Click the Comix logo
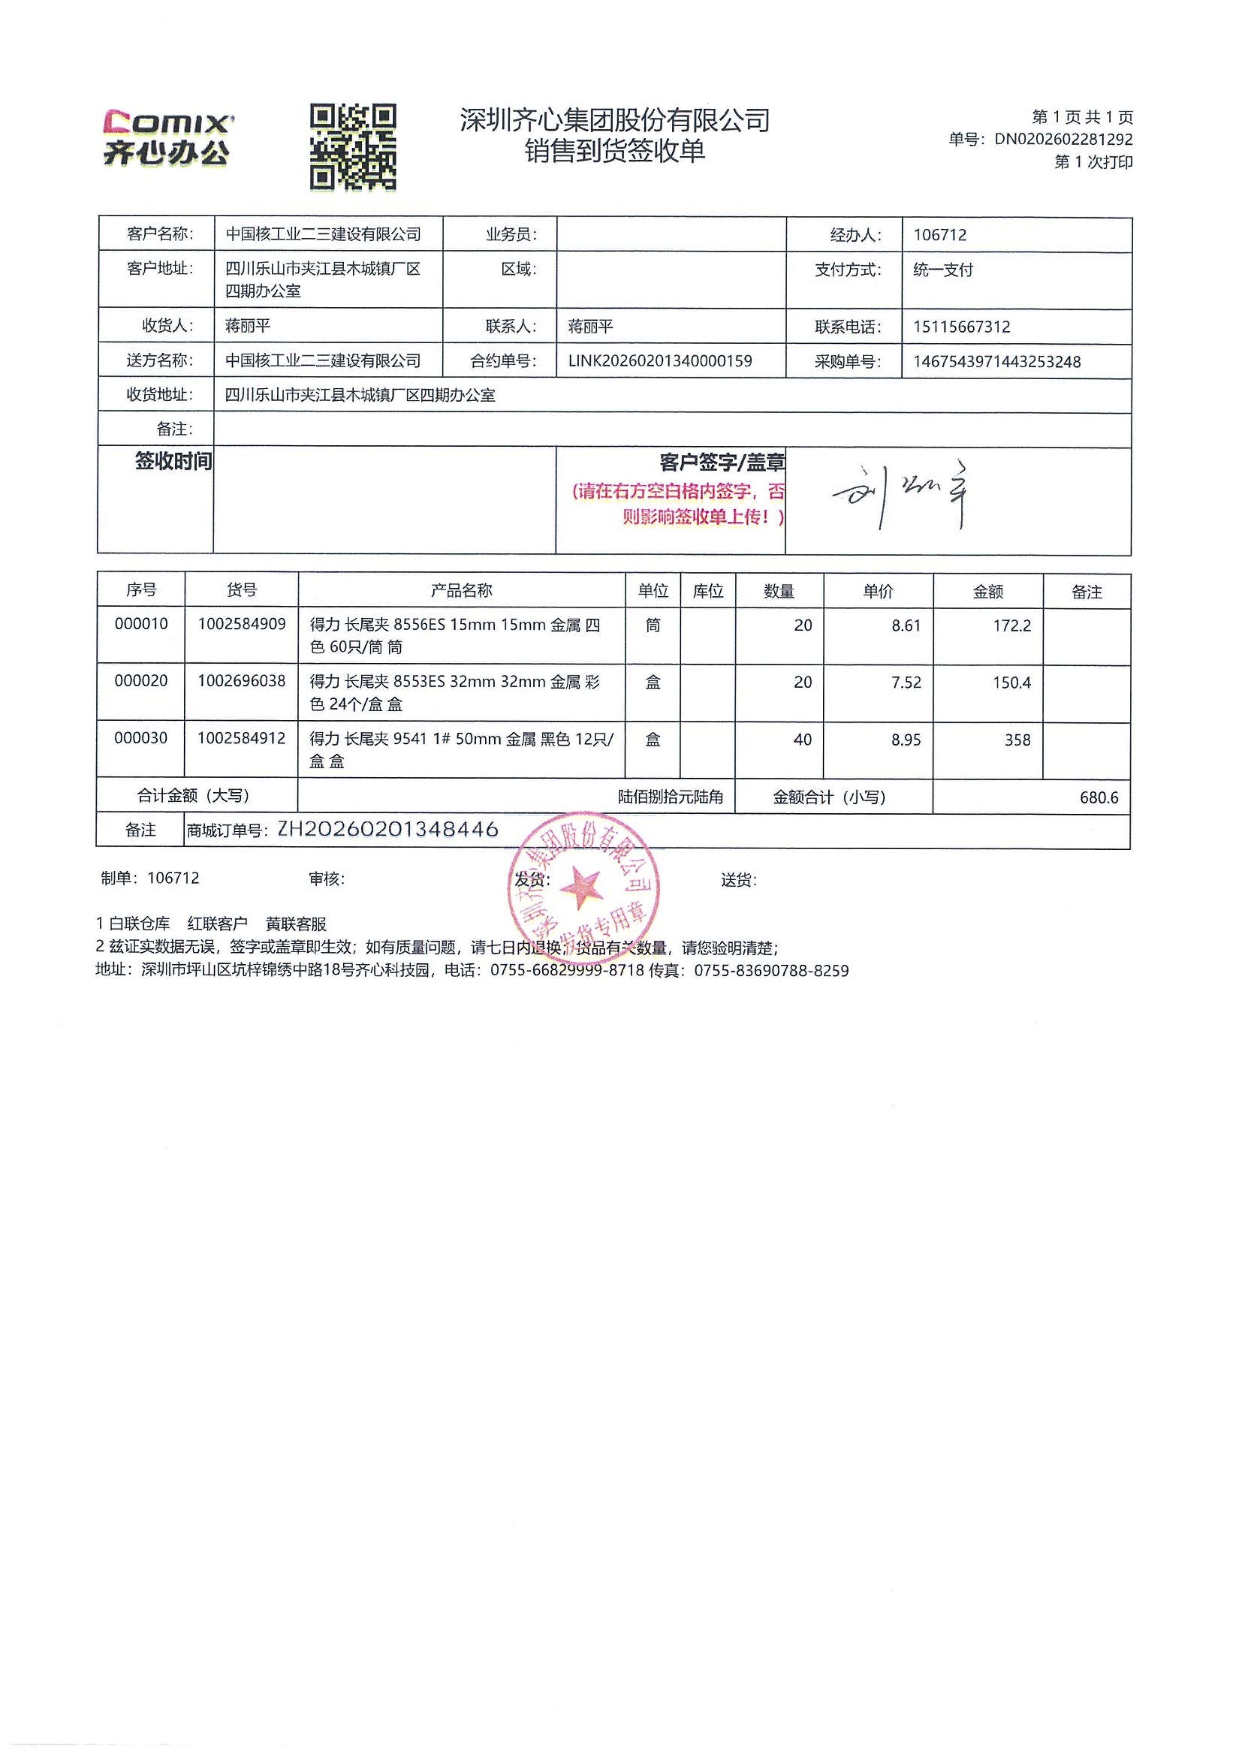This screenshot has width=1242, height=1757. pyautogui.click(x=167, y=138)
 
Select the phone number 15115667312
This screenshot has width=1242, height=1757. pyautogui.click(x=961, y=327)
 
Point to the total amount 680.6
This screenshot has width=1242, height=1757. pyautogui.click(x=1098, y=797)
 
